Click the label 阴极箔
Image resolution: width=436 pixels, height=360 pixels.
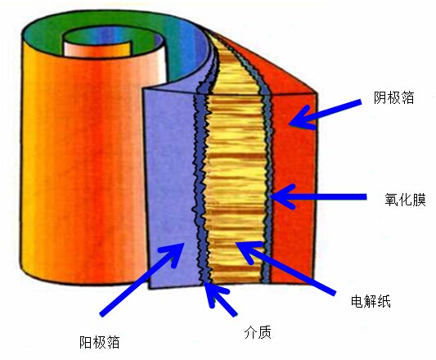393,97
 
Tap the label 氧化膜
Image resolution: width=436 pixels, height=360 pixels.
405,199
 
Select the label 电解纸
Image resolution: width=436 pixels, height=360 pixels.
371,301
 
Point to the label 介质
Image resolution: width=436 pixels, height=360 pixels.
258,332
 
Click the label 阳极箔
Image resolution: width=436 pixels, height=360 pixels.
100,342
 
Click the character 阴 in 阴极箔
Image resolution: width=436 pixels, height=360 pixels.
380,97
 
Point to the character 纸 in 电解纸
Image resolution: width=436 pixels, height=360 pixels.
384,301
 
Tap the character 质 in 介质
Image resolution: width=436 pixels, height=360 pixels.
265,332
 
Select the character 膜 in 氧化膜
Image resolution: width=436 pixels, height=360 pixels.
419,199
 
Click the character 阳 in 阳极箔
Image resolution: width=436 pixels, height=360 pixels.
86,342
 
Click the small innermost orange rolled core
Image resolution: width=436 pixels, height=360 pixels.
97,49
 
